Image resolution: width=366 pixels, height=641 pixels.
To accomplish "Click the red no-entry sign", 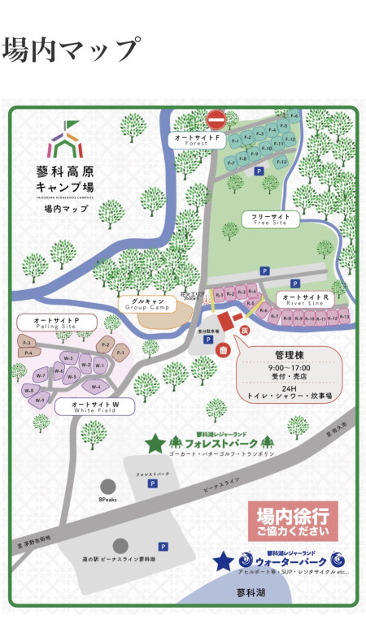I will pyautogui.click(x=216, y=120).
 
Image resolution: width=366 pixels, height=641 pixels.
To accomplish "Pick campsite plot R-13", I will pyautogui.click(x=343, y=317).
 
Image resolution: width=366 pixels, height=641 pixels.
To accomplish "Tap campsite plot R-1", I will pyautogui.click(x=219, y=294).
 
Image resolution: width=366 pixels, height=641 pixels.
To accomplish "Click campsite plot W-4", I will pyautogui.click(x=97, y=387).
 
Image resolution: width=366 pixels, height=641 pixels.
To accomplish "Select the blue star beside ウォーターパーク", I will pyautogui.click(x=221, y=561).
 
